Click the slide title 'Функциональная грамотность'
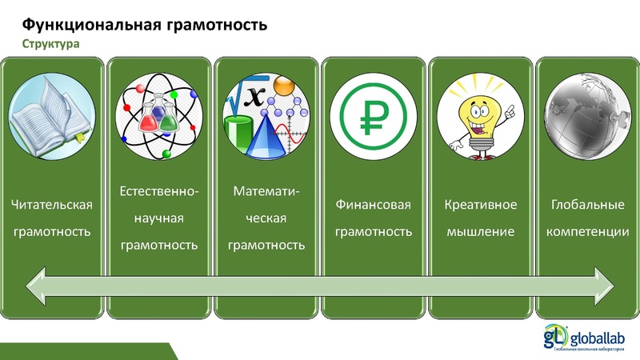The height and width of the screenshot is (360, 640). [x=144, y=24]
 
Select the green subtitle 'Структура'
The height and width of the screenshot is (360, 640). [x=50, y=44]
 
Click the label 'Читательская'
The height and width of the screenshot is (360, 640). [x=52, y=206]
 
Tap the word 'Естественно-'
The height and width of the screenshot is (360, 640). [x=159, y=192]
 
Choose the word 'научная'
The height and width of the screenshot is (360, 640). [x=159, y=218]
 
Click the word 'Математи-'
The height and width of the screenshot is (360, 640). [x=266, y=192]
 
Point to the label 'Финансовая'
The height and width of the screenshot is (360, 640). [x=373, y=206]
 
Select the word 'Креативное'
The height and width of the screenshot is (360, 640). [x=481, y=206]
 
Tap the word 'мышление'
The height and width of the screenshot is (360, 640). [x=481, y=232]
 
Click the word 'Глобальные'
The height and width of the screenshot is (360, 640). [x=587, y=206]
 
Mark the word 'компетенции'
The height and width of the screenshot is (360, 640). [x=587, y=232]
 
